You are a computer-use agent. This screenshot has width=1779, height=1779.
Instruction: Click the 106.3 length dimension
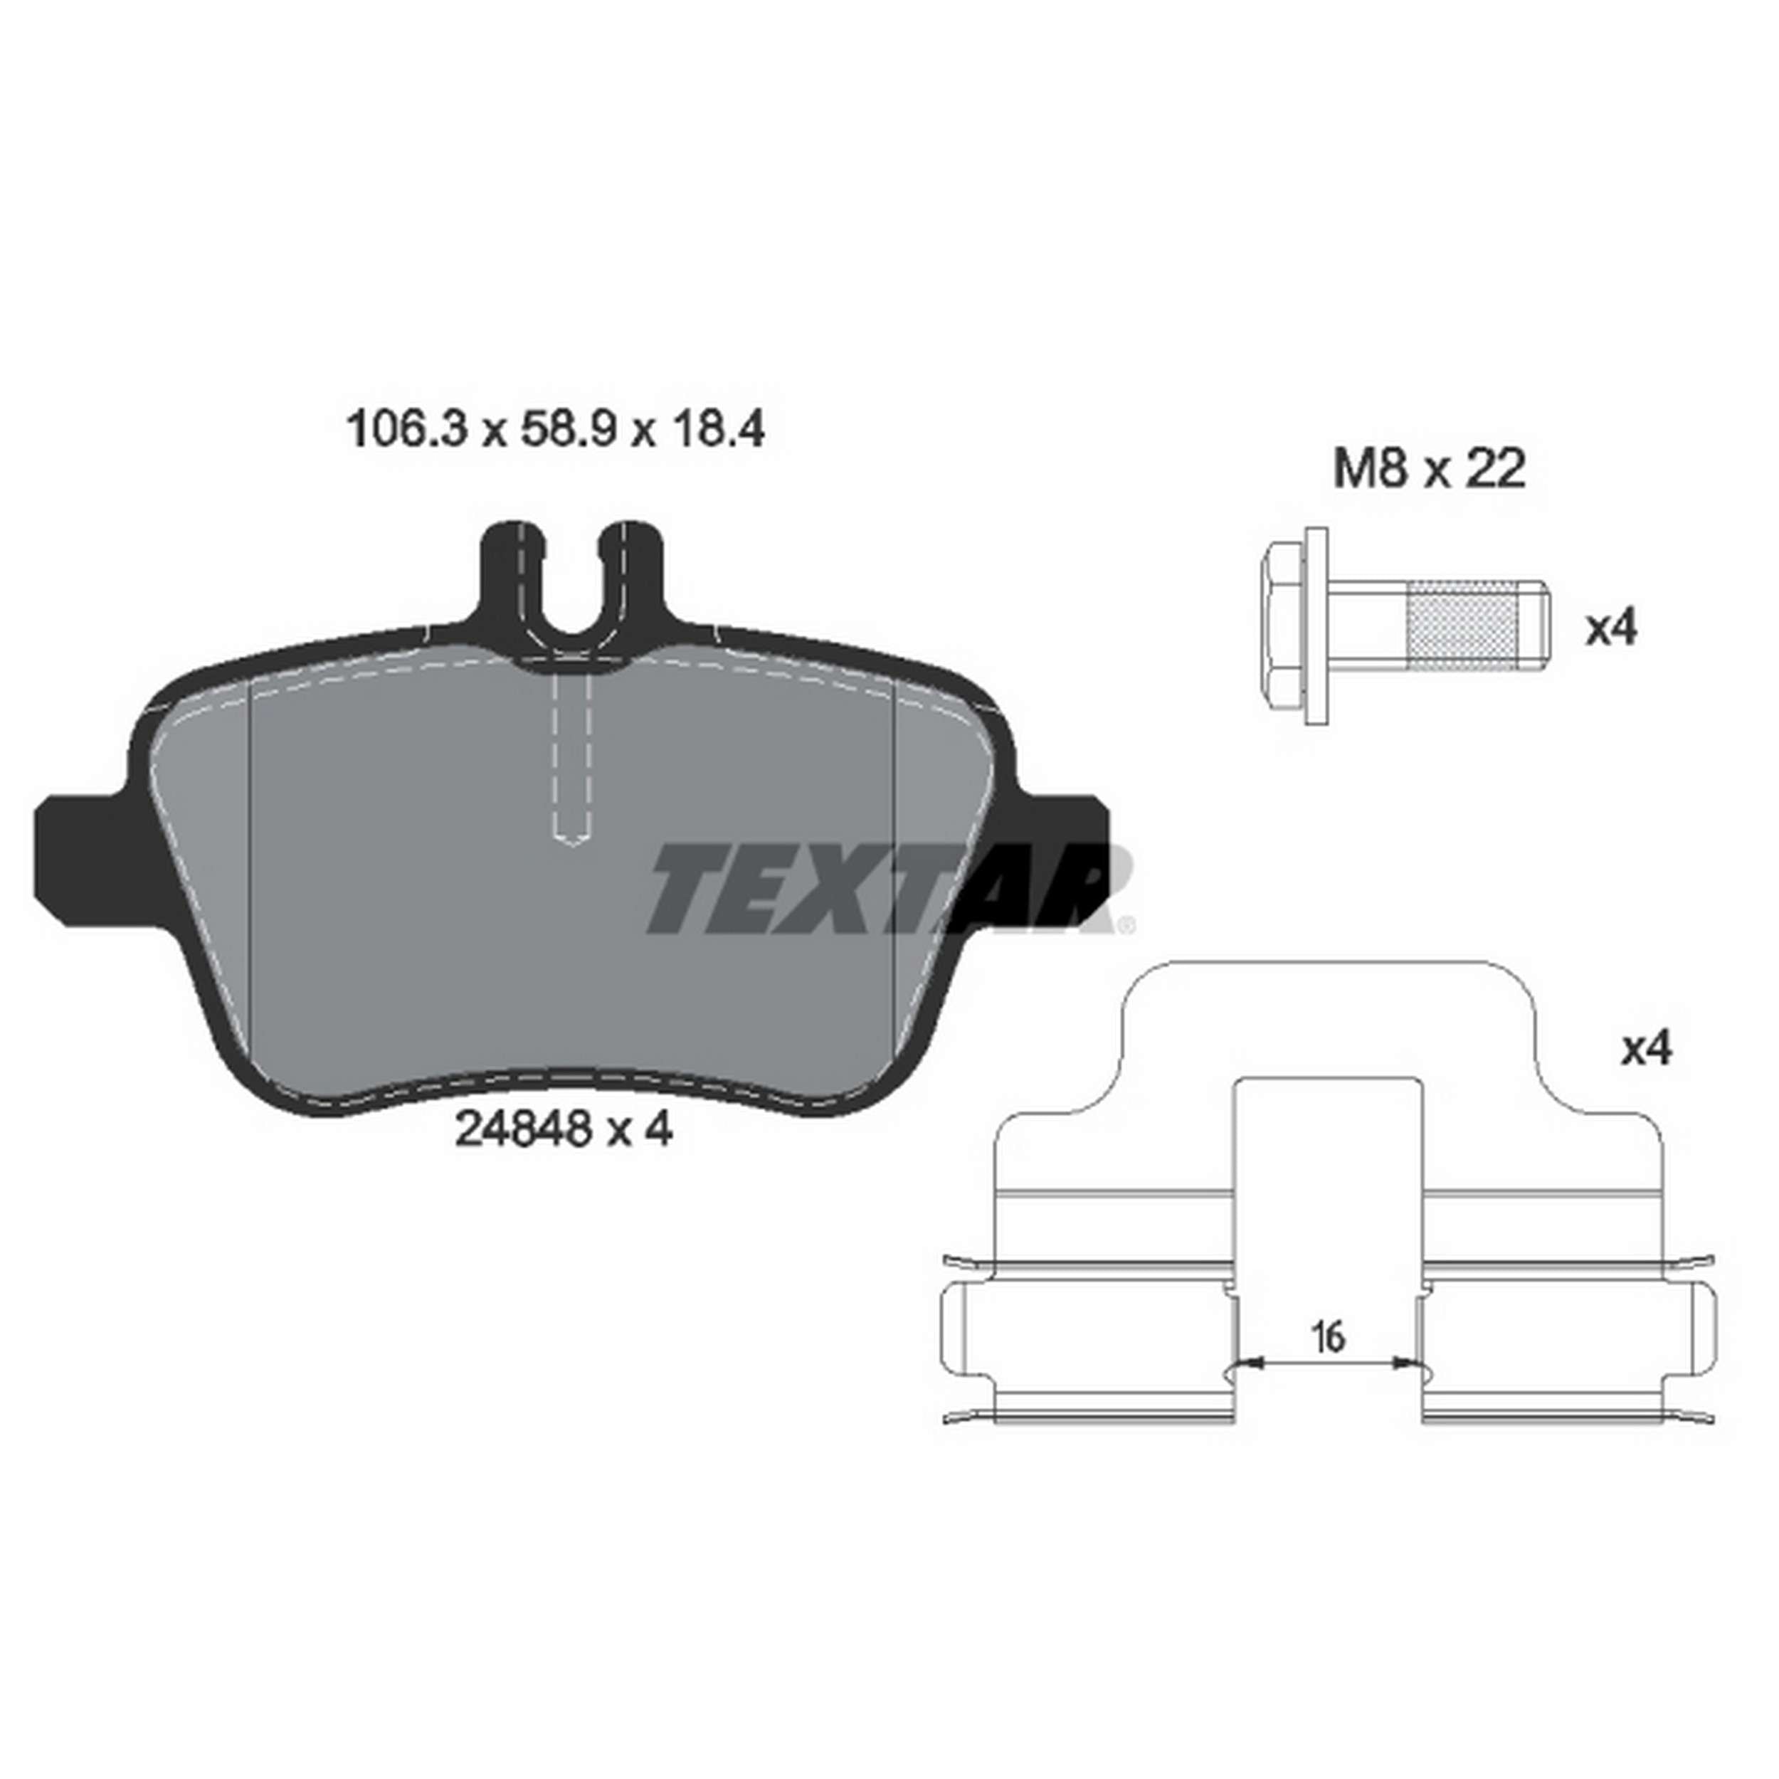click(407, 430)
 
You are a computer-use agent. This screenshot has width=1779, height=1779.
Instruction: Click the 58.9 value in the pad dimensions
click(567, 430)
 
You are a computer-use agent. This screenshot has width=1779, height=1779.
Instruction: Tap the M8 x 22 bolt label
click(1429, 470)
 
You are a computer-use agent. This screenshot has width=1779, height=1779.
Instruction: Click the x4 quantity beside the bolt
click(1610, 630)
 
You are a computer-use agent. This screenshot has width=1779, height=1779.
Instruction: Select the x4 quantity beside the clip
click(1645, 1049)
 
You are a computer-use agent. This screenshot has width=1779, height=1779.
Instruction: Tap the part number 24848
click(521, 1129)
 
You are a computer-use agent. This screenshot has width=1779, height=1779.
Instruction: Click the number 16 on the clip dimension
click(1328, 1336)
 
